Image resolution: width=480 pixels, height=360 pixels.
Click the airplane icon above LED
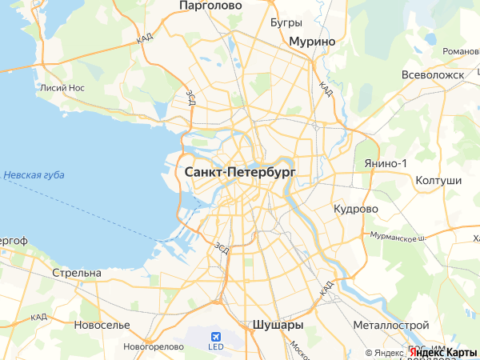(215, 336)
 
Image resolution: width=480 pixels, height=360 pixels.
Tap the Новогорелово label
(150, 346)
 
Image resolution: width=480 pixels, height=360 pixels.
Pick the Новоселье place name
(102, 325)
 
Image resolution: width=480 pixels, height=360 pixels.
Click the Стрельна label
(76, 273)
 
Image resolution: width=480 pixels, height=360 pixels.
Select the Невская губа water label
(34, 175)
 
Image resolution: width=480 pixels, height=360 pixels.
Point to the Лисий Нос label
(62, 89)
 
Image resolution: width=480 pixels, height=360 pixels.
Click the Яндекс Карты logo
(442, 352)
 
